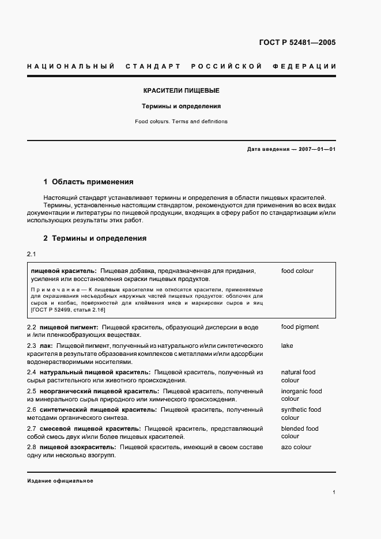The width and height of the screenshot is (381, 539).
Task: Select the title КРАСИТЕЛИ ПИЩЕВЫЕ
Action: click(x=182, y=91)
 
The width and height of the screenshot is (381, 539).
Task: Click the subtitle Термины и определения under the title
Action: click(x=182, y=107)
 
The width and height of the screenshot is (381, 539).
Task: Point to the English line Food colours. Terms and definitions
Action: click(x=182, y=122)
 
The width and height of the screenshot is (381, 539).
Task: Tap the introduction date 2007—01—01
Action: click(x=316, y=149)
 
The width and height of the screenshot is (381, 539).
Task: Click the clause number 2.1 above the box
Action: click(x=32, y=255)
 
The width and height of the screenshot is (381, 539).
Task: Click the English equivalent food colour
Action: click(x=297, y=271)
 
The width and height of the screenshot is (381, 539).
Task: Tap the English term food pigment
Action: click(x=300, y=327)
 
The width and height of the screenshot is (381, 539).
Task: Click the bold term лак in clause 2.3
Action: click(x=47, y=346)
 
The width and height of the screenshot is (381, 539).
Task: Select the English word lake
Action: click(x=287, y=346)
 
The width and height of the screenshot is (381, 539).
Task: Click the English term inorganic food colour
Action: click(x=301, y=395)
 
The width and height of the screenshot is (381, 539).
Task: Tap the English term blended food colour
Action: click(x=300, y=432)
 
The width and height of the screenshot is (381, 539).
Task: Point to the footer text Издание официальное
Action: click(x=60, y=481)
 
